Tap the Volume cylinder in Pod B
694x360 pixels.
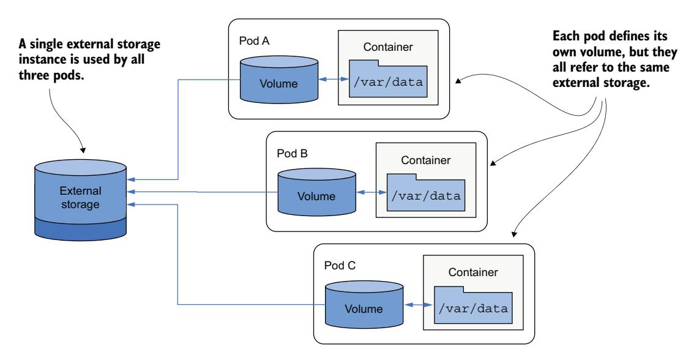point(316,192)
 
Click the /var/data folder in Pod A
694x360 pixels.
point(390,79)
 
